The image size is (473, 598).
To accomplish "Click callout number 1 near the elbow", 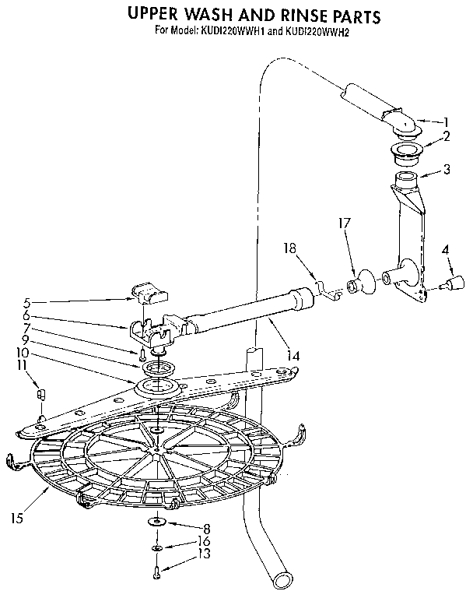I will coord(447,121).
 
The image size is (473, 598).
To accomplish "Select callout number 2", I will coord(447,136).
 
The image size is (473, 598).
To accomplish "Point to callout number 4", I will coord(446,251).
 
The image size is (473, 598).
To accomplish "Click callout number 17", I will coord(345,223).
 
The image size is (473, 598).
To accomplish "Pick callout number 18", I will coord(289,249).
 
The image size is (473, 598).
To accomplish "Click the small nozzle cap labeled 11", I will coord(42,393).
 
